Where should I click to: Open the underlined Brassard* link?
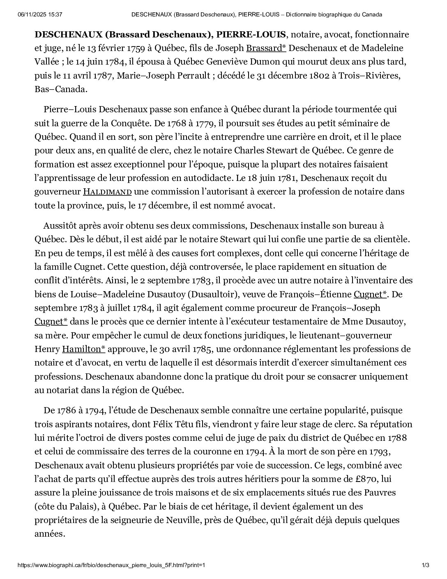pos(266,48)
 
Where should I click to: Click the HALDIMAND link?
pos(107,192)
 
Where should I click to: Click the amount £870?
pos(363,479)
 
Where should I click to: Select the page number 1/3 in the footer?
pos(426,565)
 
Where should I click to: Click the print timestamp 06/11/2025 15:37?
pos(40,14)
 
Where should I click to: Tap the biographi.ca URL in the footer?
pos(111,565)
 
